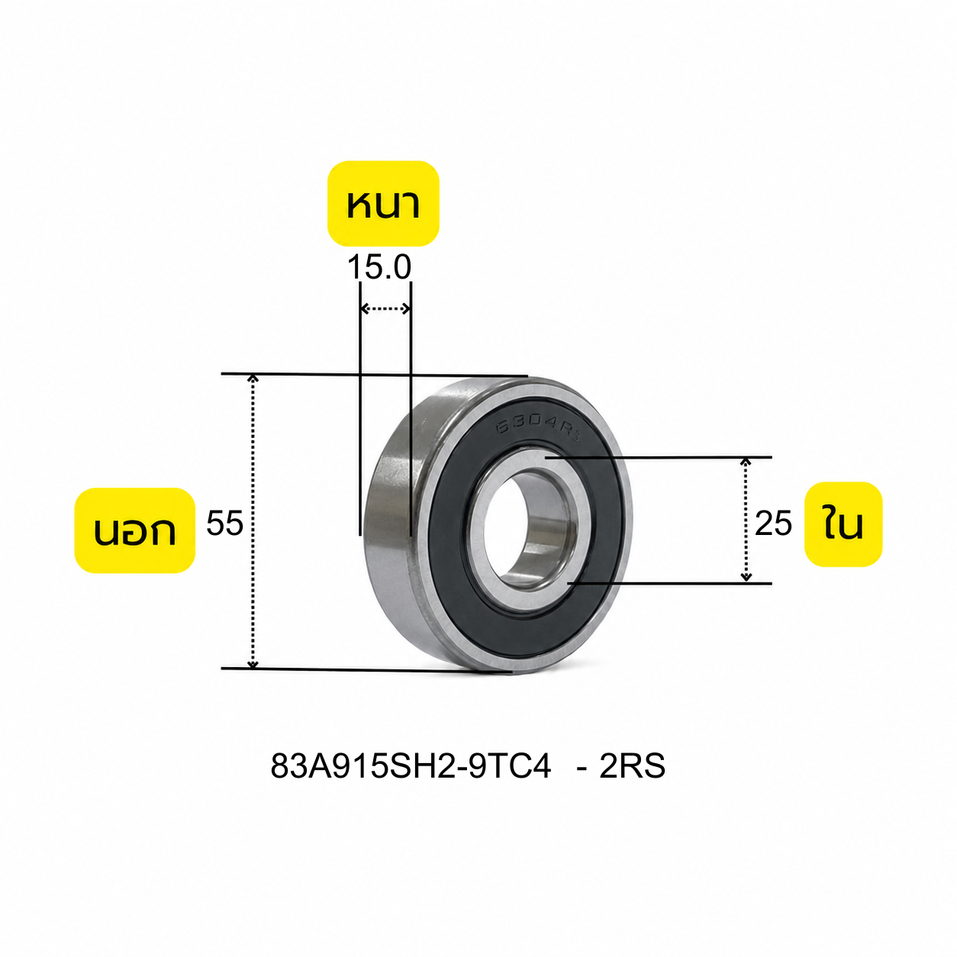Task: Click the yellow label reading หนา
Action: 383,203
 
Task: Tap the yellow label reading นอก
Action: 134,530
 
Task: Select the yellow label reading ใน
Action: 843,524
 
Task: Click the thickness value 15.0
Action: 379,267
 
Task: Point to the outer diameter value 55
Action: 224,523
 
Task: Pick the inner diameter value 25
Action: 773,524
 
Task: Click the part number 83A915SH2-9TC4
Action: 411,765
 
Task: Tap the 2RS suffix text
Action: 632,765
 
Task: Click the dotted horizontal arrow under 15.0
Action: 385,309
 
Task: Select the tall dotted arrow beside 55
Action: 253,521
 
